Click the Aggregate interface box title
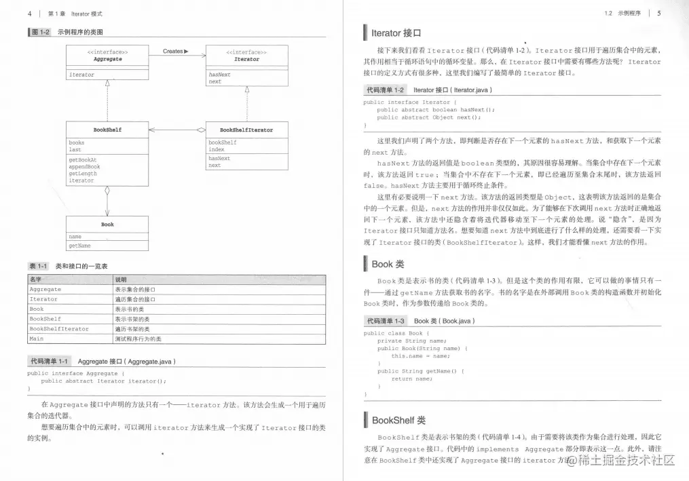click(107, 59)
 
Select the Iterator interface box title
click(246, 59)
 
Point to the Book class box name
click(107, 224)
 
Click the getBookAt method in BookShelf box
click(82, 159)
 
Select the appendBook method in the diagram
click(84, 166)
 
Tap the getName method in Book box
click(79, 246)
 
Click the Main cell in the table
click(36, 338)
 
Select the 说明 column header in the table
click(120, 279)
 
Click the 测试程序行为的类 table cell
click(138, 338)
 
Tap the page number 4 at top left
click(29, 13)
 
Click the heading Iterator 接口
click(396, 33)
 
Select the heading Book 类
click(388, 264)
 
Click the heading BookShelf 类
click(398, 420)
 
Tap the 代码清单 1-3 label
click(386, 321)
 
